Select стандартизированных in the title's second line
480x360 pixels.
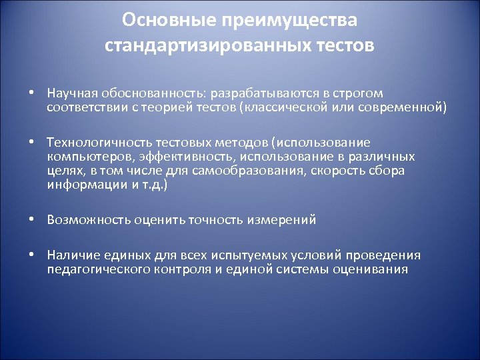point(207,46)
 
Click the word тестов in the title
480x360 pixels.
point(344,46)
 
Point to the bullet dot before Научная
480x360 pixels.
point(31,94)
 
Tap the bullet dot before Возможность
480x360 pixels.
point(31,220)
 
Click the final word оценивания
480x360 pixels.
point(371,269)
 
